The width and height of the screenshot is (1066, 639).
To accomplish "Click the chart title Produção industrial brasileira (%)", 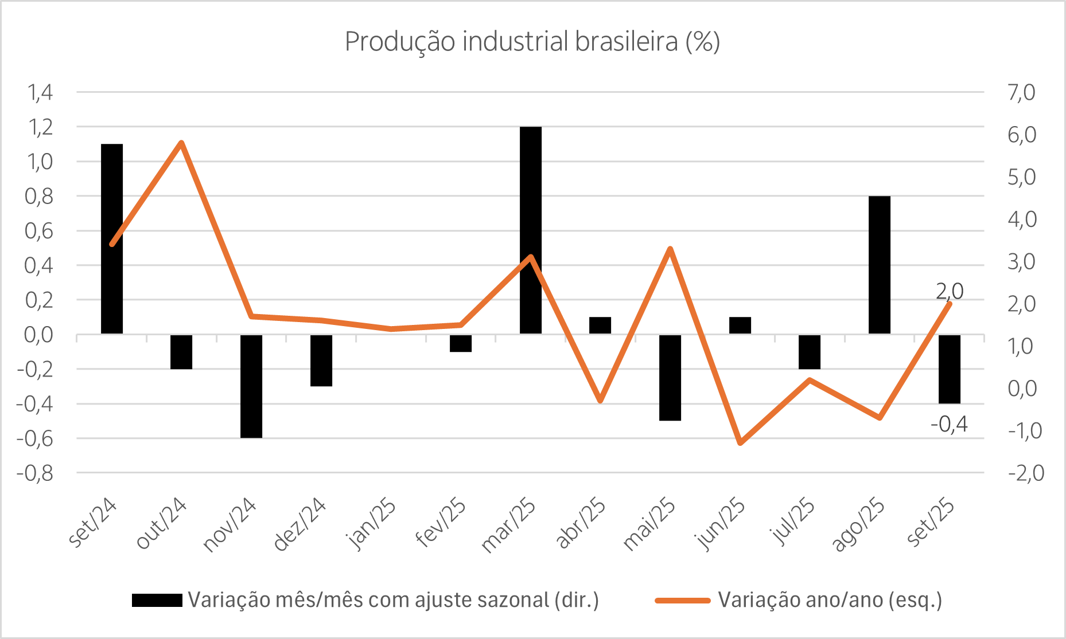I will pyautogui.click(x=532, y=42).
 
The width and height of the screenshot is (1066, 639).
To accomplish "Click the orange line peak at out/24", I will pyautogui.click(x=181, y=142).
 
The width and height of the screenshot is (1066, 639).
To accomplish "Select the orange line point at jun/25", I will pyautogui.click(x=740, y=443).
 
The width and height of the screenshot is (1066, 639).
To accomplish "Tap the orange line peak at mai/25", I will pyautogui.click(x=670, y=249).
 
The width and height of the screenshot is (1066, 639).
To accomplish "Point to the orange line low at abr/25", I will pyautogui.click(x=600, y=400).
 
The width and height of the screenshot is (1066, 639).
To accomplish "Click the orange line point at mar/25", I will pyautogui.click(x=531, y=257).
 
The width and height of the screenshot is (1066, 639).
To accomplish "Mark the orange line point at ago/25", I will pyautogui.click(x=879, y=418).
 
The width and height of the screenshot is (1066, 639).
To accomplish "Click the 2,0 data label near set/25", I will pyautogui.click(x=950, y=292).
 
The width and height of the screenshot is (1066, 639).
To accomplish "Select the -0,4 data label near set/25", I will pyautogui.click(x=949, y=425).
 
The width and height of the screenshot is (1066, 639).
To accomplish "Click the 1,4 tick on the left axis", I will pyautogui.click(x=40, y=92).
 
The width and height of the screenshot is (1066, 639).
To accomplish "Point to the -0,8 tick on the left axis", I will pyautogui.click(x=35, y=473).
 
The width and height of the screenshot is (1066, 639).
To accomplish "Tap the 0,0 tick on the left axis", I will pyautogui.click(x=38, y=335).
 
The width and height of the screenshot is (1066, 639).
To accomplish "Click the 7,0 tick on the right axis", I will pyautogui.click(x=1021, y=92).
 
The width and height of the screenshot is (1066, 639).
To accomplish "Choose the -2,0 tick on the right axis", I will pyautogui.click(x=1025, y=473).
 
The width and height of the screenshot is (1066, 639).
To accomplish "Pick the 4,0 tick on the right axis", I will pyautogui.click(x=1022, y=219).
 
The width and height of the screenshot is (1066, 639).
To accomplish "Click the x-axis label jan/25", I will pyautogui.click(x=372, y=524).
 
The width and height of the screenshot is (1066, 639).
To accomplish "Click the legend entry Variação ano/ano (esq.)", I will pyautogui.click(x=830, y=600).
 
